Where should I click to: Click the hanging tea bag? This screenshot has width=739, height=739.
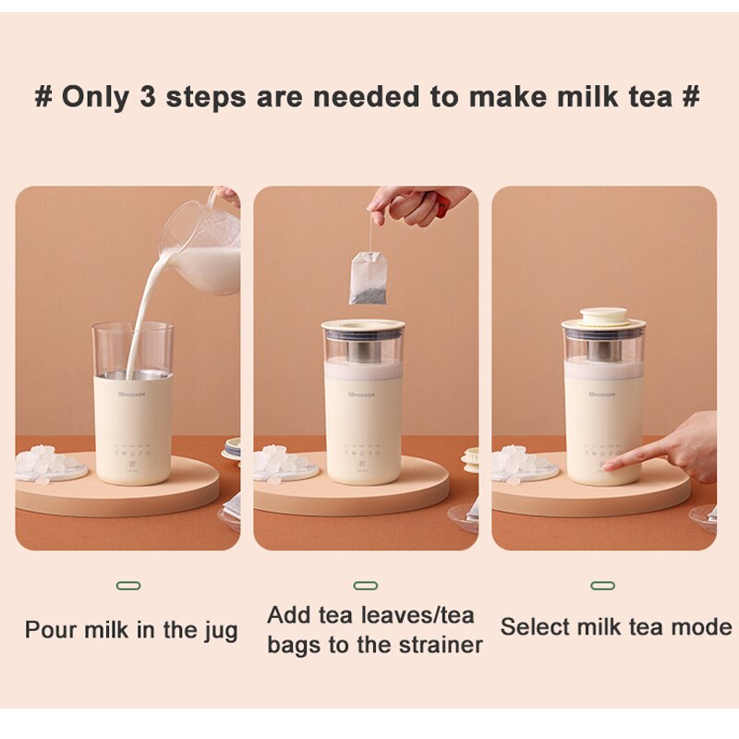click(367, 279)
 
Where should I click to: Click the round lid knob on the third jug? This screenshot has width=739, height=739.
click(603, 316)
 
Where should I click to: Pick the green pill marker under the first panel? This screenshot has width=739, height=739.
click(128, 586)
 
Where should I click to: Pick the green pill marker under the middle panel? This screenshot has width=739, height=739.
click(366, 586)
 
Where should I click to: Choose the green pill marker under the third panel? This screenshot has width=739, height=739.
click(603, 586)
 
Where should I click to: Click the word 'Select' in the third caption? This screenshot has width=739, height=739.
click(534, 627)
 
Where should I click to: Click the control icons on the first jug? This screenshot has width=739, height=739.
click(132, 453)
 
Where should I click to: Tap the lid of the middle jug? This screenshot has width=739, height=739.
click(363, 326)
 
